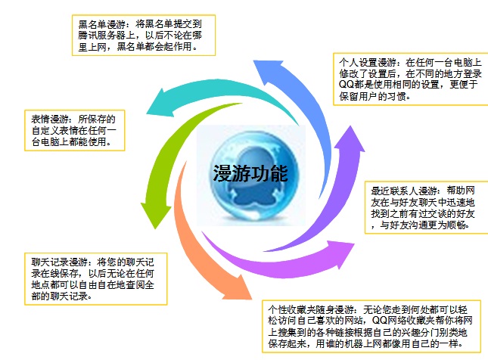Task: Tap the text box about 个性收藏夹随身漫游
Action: tap(374, 327)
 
